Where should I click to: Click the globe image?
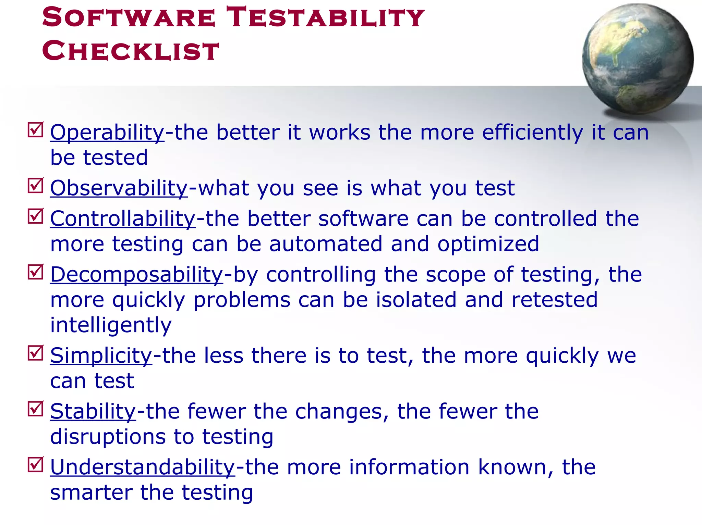[x=638, y=59]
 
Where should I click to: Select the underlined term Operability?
[x=107, y=133]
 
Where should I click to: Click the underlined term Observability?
[x=119, y=188]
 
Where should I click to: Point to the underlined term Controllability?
[x=123, y=219]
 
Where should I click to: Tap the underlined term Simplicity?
[x=101, y=355]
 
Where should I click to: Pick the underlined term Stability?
[x=93, y=411]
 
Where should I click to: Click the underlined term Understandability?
[x=143, y=467]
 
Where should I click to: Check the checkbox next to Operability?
[x=36, y=130]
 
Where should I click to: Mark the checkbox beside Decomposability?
[x=36, y=272]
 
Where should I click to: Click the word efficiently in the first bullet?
[x=532, y=133]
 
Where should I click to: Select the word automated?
[x=326, y=244]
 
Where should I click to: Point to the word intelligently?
[x=111, y=325]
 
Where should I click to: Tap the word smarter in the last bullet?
[x=91, y=492]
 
